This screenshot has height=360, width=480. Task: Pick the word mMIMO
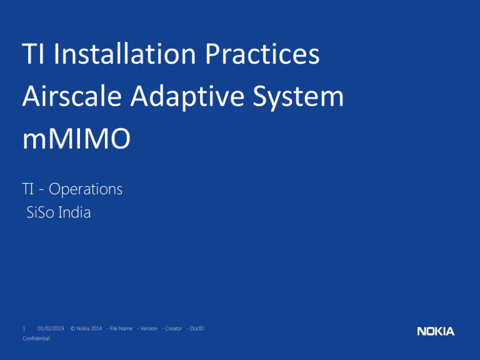click(76, 139)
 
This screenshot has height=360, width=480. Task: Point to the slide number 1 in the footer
click(24, 328)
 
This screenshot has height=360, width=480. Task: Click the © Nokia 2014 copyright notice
click(86, 328)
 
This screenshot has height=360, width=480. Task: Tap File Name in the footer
click(119, 328)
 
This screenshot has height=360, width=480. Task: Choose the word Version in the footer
click(147, 328)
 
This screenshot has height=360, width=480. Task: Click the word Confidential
click(36, 337)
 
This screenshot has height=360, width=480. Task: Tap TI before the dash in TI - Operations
click(29, 189)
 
